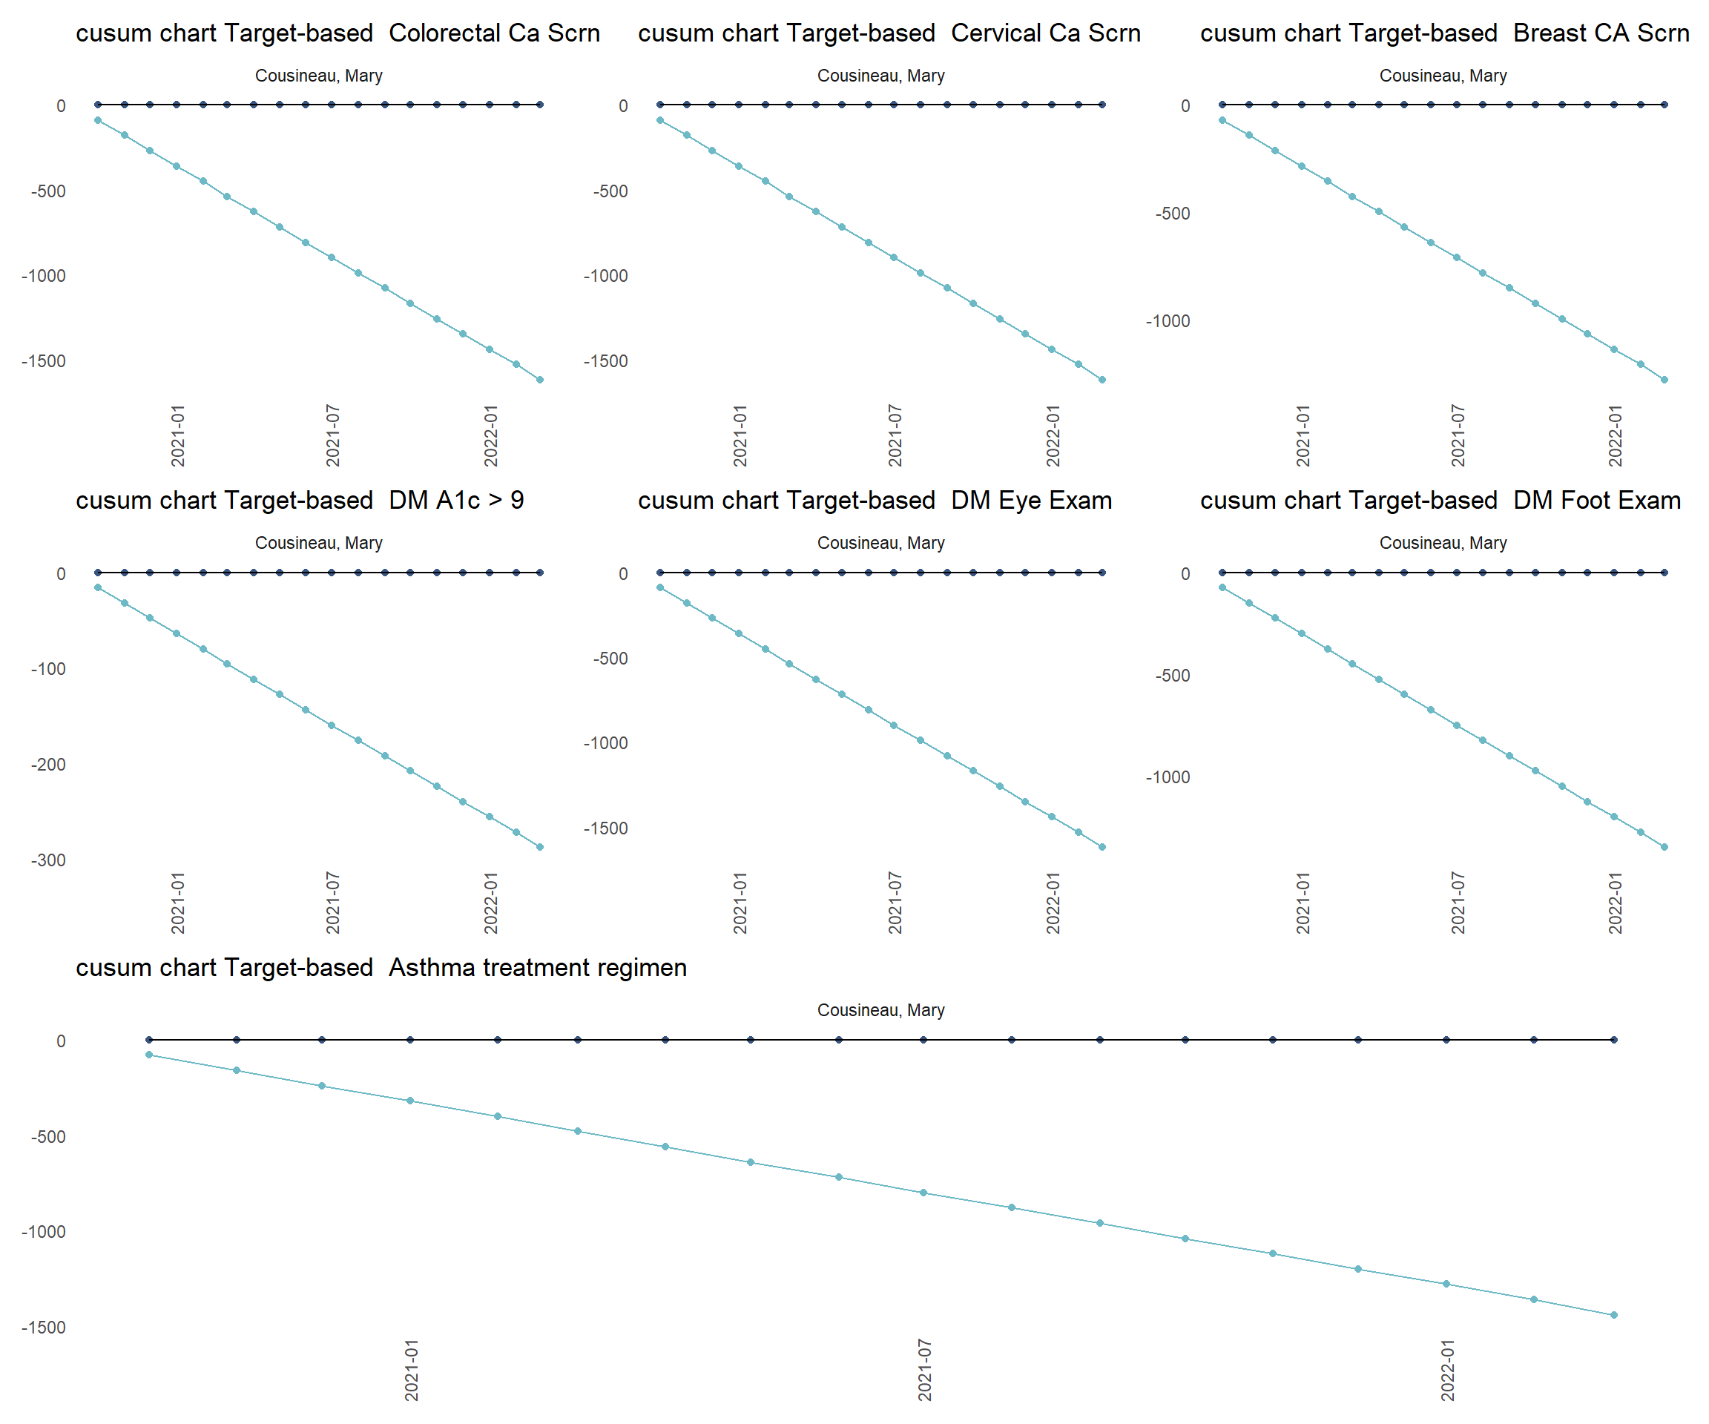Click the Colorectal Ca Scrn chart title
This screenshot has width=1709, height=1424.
coord(337,33)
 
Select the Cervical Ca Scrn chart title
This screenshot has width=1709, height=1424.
coord(889,33)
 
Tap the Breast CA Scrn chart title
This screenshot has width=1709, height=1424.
coord(1444,33)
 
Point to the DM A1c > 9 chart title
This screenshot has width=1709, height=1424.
coord(300,501)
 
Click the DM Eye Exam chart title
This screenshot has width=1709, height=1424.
coord(875,501)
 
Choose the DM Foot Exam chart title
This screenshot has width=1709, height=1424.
coord(1440,501)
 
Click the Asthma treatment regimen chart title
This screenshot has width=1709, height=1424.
coord(381,968)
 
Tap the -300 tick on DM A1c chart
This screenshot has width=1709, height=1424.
coord(48,860)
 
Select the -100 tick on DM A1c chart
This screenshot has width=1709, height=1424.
coord(48,669)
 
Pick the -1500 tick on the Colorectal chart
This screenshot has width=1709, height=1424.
coord(43,361)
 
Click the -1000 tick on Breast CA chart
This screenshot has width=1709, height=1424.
coord(1168,321)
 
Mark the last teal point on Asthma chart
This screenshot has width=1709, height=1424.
coord(1614,1315)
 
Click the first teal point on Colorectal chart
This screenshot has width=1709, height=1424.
coord(98,120)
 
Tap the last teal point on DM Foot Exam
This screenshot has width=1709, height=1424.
coord(1664,847)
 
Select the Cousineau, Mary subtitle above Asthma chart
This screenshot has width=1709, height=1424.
coord(880,1010)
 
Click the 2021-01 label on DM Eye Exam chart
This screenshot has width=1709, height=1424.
coord(740,903)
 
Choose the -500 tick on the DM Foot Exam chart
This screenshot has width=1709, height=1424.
coord(1173,676)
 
